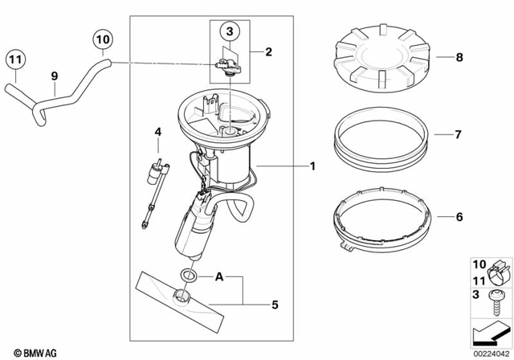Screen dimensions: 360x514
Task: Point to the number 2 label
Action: point(269,52)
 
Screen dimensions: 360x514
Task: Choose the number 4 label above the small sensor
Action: point(158,131)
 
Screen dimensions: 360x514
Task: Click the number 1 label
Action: point(312,167)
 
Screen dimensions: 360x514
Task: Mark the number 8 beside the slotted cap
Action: point(459,58)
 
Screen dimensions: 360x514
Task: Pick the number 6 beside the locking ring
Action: point(459,216)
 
